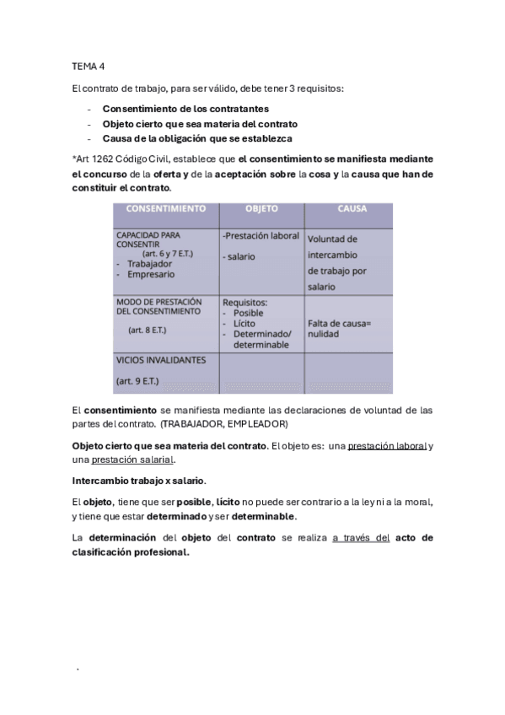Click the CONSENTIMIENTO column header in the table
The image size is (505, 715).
click(165, 207)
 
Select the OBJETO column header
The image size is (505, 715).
click(261, 207)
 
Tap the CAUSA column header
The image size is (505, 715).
click(351, 207)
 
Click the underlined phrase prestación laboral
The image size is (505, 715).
click(388, 445)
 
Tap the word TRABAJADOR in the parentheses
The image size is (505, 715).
click(196, 423)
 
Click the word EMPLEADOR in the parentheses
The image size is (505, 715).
click(258, 423)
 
